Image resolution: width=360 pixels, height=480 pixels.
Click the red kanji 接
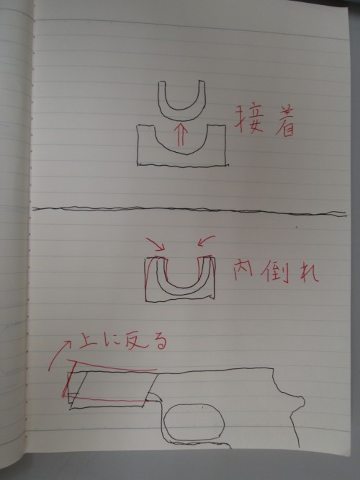[x=248, y=120]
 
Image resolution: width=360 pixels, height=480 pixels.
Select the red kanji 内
[x=243, y=270]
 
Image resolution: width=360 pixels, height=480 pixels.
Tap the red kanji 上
[x=89, y=341]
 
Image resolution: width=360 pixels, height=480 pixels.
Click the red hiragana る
[x=158, y=342]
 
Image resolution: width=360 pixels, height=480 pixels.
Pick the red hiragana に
[x=112, y=342]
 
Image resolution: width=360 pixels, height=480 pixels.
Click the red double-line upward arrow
[x=180, y=134]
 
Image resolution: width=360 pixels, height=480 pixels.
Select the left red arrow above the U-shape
[x=156, y=244]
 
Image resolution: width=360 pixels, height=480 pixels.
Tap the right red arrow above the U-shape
[x=207, y=241]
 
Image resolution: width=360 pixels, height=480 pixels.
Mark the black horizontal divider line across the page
[x=189, y=210]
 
